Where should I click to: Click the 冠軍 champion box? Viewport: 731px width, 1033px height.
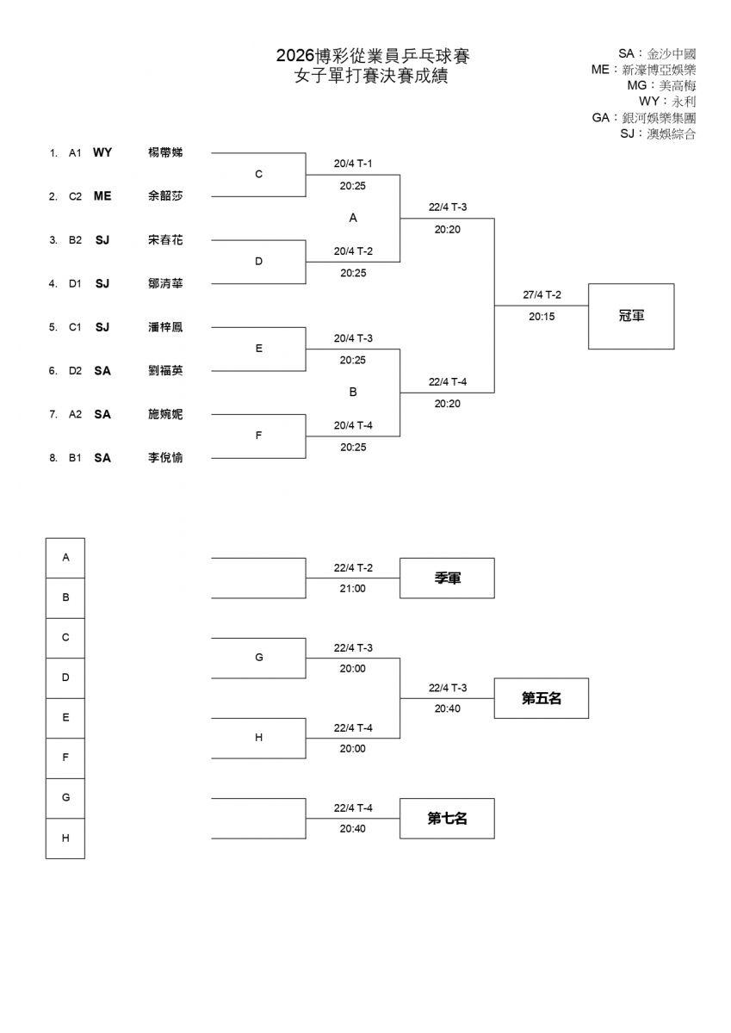[630, 316]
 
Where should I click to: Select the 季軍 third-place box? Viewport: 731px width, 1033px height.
[447, 578]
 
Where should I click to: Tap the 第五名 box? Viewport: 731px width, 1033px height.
[541, 698]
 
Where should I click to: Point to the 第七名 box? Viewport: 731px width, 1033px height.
[447, 819]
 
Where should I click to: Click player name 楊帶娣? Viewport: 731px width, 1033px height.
[165, 152]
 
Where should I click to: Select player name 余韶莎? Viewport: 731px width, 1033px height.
[165, 196]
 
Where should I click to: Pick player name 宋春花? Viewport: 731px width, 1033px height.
[165, 239]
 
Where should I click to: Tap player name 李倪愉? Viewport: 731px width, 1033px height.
[165, 458]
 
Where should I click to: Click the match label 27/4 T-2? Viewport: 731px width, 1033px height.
[542, 294]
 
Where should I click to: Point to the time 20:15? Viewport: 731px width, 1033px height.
[542, 316]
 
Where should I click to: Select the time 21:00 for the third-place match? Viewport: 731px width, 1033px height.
[352, 589]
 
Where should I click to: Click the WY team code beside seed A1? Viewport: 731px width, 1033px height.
[102, 152]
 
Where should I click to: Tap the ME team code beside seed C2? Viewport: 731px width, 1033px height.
[102, 196]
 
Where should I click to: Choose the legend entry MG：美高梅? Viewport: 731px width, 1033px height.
[661, 85]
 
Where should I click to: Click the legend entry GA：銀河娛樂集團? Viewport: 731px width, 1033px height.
[644, 118]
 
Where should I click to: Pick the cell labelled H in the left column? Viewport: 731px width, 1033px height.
[65, 838]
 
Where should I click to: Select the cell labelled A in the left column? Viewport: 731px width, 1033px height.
[65, 557]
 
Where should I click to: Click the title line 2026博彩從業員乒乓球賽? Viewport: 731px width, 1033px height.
[372, 57]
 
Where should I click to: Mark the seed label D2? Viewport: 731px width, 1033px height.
[76, 371]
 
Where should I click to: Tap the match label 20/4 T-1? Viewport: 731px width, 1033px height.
[352, 164]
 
